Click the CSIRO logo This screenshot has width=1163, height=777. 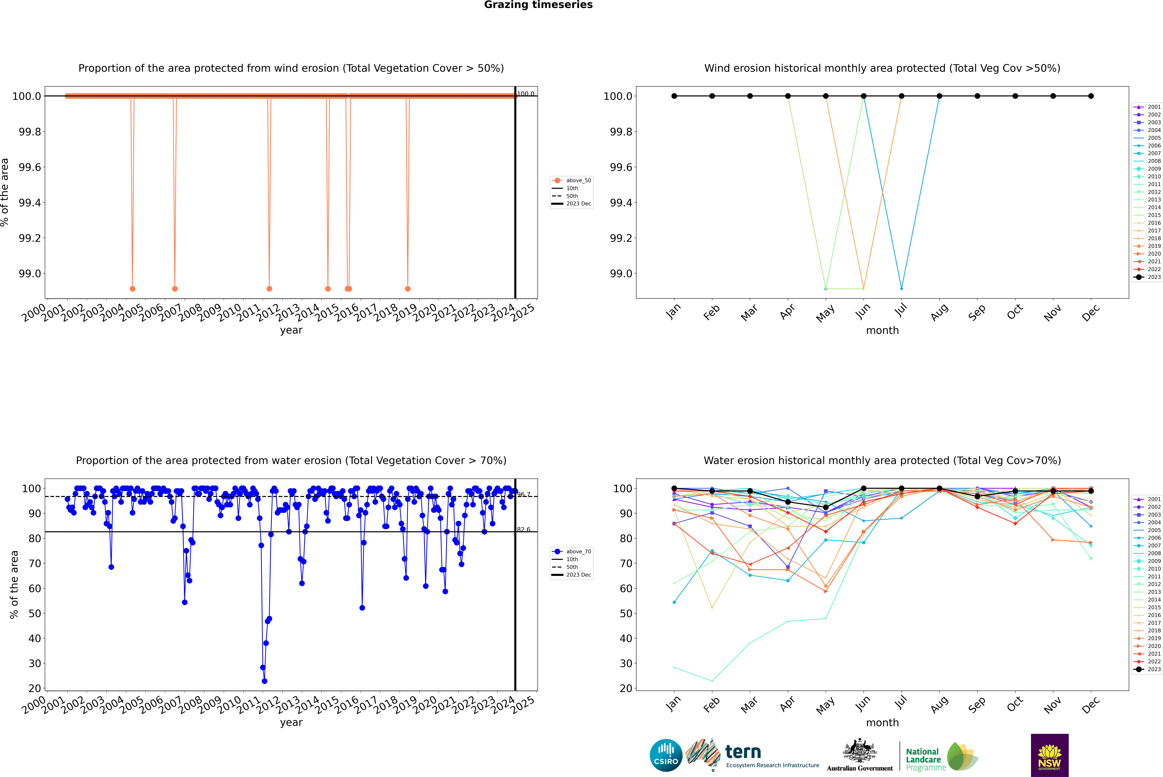coord(666,755)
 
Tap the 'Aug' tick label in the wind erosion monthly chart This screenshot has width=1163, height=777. coord(939,312)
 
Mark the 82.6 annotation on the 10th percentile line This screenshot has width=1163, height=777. coord(523,529)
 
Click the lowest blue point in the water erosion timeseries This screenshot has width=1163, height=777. coord(264,681)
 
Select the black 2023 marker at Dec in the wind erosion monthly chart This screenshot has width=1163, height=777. coord(1091,96)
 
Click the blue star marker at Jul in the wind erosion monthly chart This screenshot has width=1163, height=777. coord(901,288)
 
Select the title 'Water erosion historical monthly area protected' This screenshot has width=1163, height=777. coord(882,460)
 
